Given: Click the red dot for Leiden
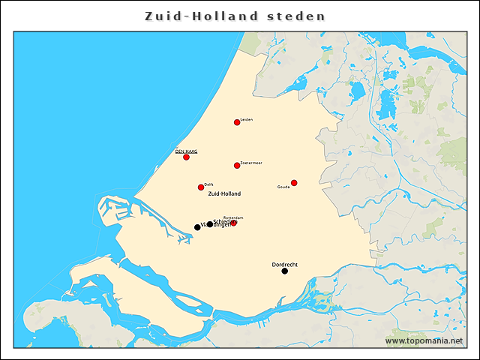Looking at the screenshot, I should (237, 122).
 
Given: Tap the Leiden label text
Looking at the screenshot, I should (247, 119).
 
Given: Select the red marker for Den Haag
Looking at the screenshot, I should (186, 157).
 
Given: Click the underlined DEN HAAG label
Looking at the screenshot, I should (186, 151).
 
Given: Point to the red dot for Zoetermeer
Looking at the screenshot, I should (237, 165).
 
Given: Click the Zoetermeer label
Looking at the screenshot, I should (251, 162).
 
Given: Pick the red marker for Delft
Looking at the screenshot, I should (201, 187).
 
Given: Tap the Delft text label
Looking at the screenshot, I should (209, 184).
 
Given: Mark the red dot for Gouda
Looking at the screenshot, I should (294, 183).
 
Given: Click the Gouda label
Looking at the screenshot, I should (283, 187).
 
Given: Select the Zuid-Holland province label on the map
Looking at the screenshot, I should (225, 193).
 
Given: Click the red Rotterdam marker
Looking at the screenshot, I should (234, 223).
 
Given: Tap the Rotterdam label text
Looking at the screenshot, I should (235, 217).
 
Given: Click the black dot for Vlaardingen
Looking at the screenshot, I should (197, 227).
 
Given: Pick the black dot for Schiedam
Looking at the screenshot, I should (210, 224).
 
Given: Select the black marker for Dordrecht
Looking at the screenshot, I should (284, 271).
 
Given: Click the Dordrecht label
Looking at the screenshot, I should (285, 264).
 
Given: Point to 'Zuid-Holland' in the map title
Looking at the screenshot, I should (202, 16).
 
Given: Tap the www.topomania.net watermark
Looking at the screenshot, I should (424, 340).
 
